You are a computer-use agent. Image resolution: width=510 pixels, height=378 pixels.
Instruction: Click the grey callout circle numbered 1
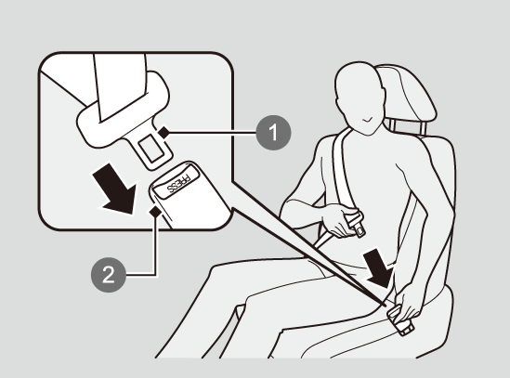pos(273,133)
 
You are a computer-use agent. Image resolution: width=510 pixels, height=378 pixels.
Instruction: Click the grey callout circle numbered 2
pos(109,275)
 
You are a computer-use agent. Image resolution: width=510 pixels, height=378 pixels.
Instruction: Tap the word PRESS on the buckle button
pos(178,183)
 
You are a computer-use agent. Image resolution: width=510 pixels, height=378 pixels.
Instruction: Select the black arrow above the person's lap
pos(379,267)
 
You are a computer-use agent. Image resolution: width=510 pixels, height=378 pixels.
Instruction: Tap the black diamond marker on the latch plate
pos(163,133)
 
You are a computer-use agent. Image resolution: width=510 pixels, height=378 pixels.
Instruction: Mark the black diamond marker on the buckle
pos(155,212)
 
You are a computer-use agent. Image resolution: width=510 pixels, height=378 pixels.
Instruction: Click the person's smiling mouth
pos(368,120)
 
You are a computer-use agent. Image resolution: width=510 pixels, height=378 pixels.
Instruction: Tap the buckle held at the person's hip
pos(400,319)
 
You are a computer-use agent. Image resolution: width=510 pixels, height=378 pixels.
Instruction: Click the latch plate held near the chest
pos(357,224)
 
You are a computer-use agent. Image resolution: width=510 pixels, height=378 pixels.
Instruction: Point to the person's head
pos(360,98)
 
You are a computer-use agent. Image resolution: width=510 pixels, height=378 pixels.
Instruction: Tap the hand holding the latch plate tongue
pos(338,218)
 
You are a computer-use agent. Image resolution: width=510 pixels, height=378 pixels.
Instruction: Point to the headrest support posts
pos(407,127)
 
